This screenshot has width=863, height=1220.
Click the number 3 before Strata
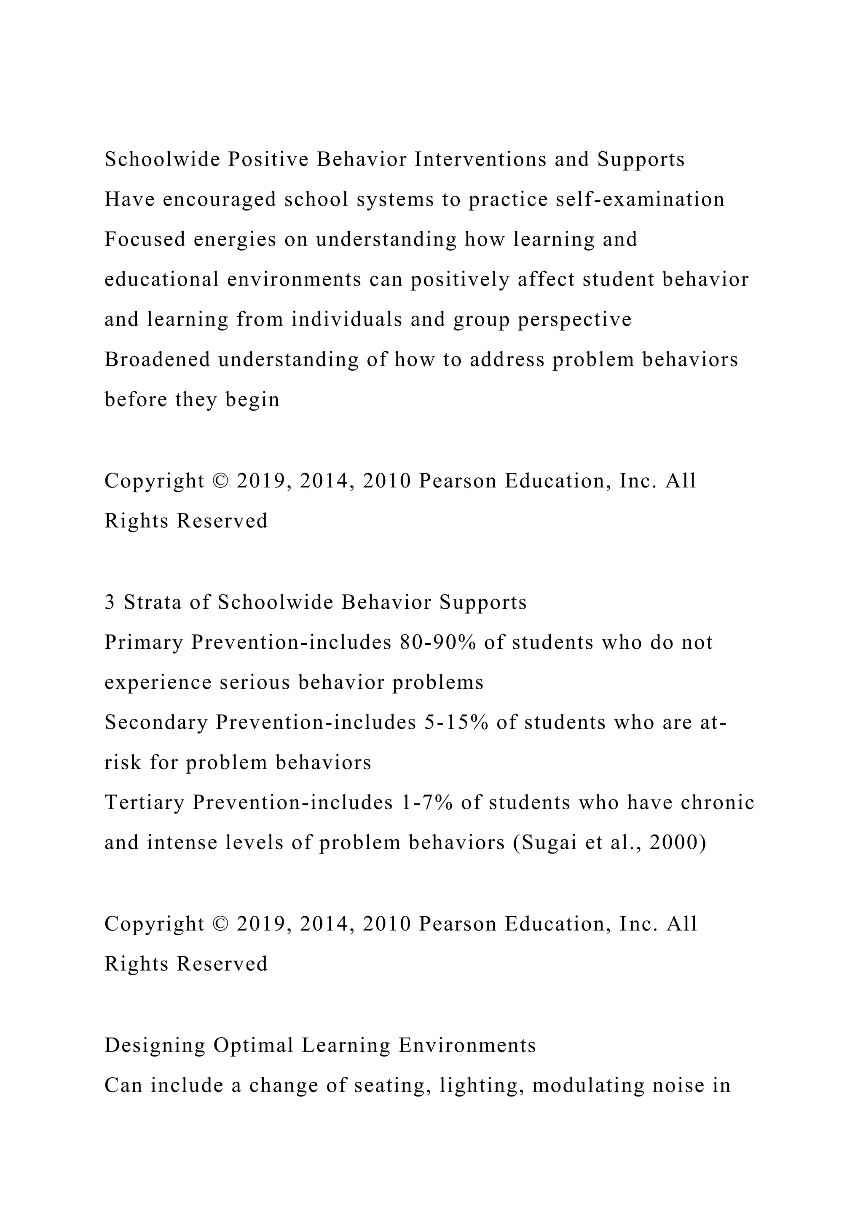coord(110,602)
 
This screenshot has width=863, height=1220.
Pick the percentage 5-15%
coord(456,722)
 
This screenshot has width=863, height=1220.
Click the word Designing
coord(155,1046)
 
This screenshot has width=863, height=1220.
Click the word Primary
coord(143,643)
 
